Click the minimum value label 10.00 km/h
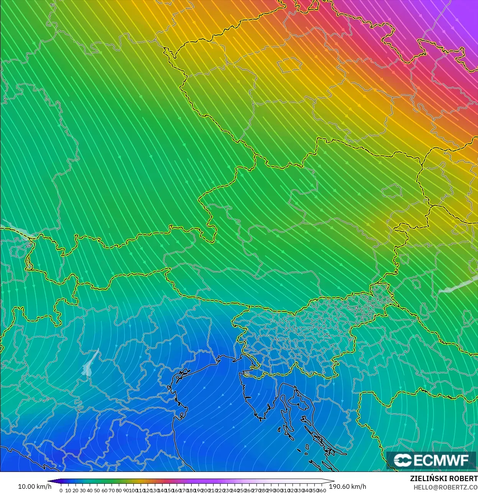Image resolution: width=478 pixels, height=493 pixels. (x=34, y=486)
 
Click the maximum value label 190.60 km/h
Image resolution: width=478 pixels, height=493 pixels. (x=347, y=486)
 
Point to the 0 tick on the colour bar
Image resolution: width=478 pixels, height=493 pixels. (x=61, y=490)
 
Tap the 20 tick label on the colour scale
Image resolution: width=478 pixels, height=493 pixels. (x=75, y=490)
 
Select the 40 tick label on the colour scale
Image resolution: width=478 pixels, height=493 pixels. (x=90, y=490)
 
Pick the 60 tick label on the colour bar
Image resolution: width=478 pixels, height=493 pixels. (x=104, y=490)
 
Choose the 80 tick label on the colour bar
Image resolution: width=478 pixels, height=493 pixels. (x=119, y=490)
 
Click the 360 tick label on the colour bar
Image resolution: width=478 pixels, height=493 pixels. (x=322, y=490)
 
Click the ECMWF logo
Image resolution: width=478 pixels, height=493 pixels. (x=431, y=460)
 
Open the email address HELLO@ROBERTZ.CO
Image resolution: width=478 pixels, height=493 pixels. (x=445, y=487)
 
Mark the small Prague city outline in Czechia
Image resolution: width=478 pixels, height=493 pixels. (x=289, y=66)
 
